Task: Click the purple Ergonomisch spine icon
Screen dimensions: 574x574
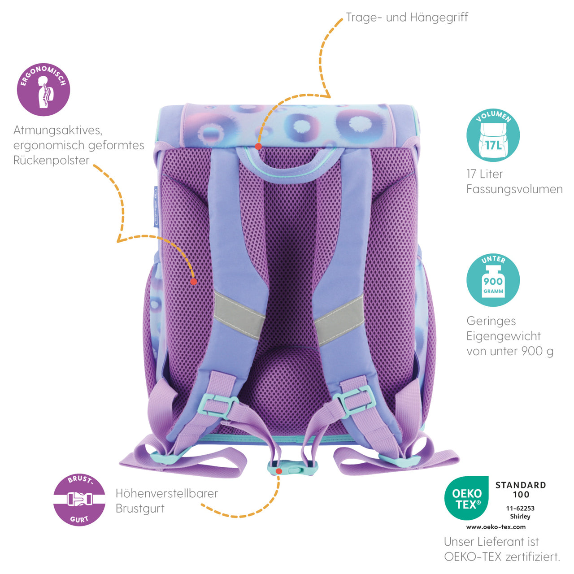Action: [x=43, y=90]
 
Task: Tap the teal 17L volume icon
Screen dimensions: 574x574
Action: [x=493, y=135]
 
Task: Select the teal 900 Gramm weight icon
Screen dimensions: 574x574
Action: [x=493, y=280]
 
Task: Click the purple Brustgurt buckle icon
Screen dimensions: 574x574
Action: [x=79, y=500]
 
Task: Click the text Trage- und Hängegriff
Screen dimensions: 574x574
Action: [x=407, y=17]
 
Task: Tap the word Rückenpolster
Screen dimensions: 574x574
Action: [x=51, y=160]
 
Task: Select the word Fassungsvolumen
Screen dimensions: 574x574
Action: [x=514, y=189]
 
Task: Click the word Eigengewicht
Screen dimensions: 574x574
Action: [x=503, y=336]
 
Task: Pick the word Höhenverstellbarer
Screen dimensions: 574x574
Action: [x=166, y=493]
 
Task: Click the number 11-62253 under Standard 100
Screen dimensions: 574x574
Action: [x=520, y=509]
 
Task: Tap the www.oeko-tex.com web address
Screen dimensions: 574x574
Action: [x=496, y=527]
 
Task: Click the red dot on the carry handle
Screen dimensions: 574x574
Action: [x=258, y=146]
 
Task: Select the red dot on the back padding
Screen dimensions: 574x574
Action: [x=193, y=282]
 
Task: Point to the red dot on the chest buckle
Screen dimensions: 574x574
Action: [x=279, y=471]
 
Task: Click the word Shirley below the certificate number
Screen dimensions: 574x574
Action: [x=520, y=517]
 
